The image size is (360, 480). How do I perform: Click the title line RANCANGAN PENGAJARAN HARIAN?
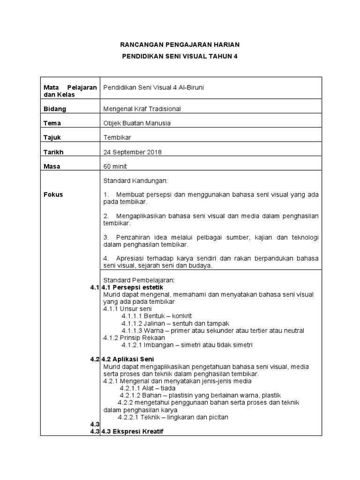[180, 45]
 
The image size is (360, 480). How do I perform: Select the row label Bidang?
[55, 109]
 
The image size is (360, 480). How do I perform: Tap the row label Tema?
[52, 123]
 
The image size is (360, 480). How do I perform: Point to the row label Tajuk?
[52, 138]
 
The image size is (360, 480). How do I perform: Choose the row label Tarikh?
[53, 152]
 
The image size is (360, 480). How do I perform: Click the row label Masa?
[52, 166]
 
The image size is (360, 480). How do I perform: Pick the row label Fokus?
[53, 195]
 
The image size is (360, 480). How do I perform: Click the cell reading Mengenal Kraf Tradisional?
[142, 109]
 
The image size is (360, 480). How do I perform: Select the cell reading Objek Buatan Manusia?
[137, 123]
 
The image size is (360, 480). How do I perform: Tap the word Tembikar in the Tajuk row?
[117, 138]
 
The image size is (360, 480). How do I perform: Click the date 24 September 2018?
[132, 152]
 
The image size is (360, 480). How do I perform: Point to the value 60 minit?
[115, 166]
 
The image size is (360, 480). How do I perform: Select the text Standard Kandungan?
[132, 180]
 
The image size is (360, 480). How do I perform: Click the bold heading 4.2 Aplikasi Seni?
[124, 360]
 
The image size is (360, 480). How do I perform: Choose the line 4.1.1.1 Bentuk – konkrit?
[157, 316]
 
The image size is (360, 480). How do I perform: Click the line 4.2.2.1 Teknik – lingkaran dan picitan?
[173, 417]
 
